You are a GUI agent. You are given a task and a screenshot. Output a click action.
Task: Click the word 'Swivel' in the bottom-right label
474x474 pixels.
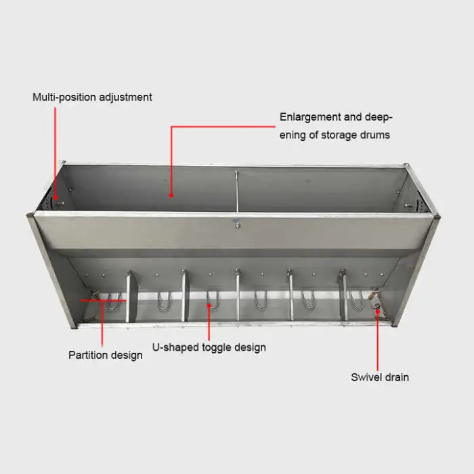[366, 377]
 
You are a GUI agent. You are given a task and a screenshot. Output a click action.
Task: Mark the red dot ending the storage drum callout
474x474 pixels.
[171, 195]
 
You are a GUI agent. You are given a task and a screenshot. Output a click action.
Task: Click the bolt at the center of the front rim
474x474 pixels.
[236, 223]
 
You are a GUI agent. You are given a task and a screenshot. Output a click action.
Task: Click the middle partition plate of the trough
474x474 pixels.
[238, 295]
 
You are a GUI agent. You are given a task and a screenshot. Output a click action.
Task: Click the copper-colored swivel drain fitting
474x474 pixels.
[372, 295]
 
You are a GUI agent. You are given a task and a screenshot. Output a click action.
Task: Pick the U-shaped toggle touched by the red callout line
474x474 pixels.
[212, 299]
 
